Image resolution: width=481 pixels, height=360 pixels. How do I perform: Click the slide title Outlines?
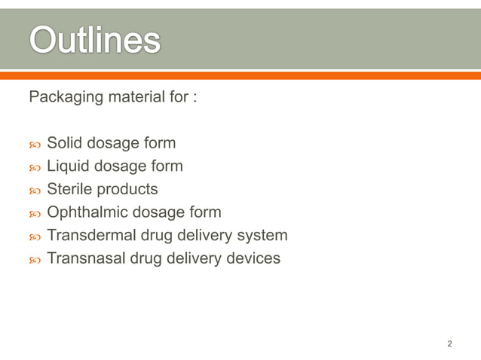pos(94,40)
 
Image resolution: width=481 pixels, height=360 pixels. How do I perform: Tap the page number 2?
pos(449,344)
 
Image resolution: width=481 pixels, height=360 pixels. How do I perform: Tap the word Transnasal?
pos(88,258)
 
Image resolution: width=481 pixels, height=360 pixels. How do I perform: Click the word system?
pos(262,236)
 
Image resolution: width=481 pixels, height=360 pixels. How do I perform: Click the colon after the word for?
pos(195,99)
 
